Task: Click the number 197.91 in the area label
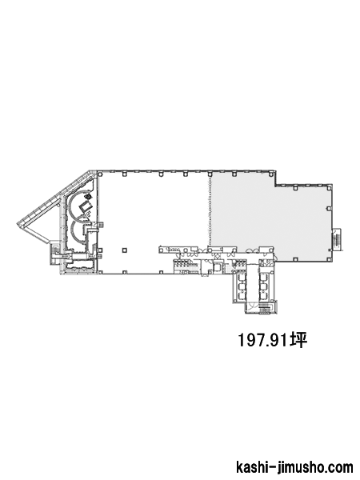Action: point(263,340)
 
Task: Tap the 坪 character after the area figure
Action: point(298,340)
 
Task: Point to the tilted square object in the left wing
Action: point(86,206)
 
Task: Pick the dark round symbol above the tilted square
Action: point(89,196)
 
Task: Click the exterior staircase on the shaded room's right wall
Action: point(337,239)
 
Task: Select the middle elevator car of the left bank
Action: point(242,286)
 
